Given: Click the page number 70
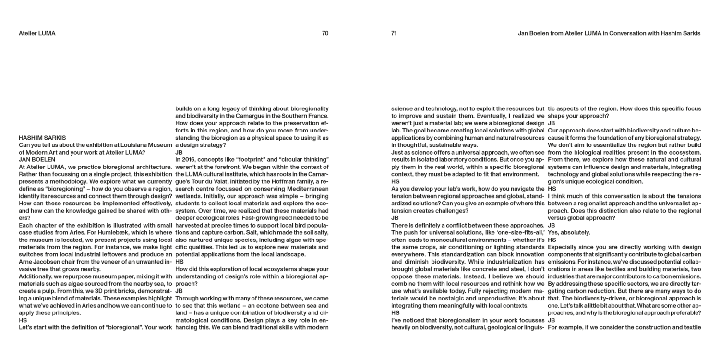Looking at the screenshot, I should pyautogui.click(x=325, y=34).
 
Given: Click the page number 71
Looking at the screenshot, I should pyautogui.click(x=394, y=34).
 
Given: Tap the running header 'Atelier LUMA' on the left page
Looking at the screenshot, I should pyautogui.click(x=37, y=34).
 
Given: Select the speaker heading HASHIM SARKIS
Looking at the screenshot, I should pyautogui.click(x=42, y=138).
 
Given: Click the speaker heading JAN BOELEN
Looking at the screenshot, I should pyautogui.click(x=37, y=159).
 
